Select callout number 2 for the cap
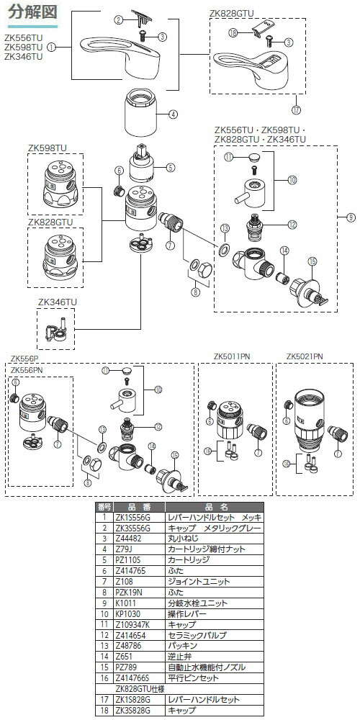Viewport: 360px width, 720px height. click(x=118, y=20)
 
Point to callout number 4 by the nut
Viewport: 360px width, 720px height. click(x=173, y=113)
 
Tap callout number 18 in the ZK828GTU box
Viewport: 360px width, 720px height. click(x=233, y=32)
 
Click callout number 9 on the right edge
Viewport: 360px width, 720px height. click(x=351, y=217)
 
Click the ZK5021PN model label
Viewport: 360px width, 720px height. click(x=305, y=356)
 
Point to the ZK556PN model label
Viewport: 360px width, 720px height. click(x=27, y=369)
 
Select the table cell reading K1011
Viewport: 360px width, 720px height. click(x=122, y=602)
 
